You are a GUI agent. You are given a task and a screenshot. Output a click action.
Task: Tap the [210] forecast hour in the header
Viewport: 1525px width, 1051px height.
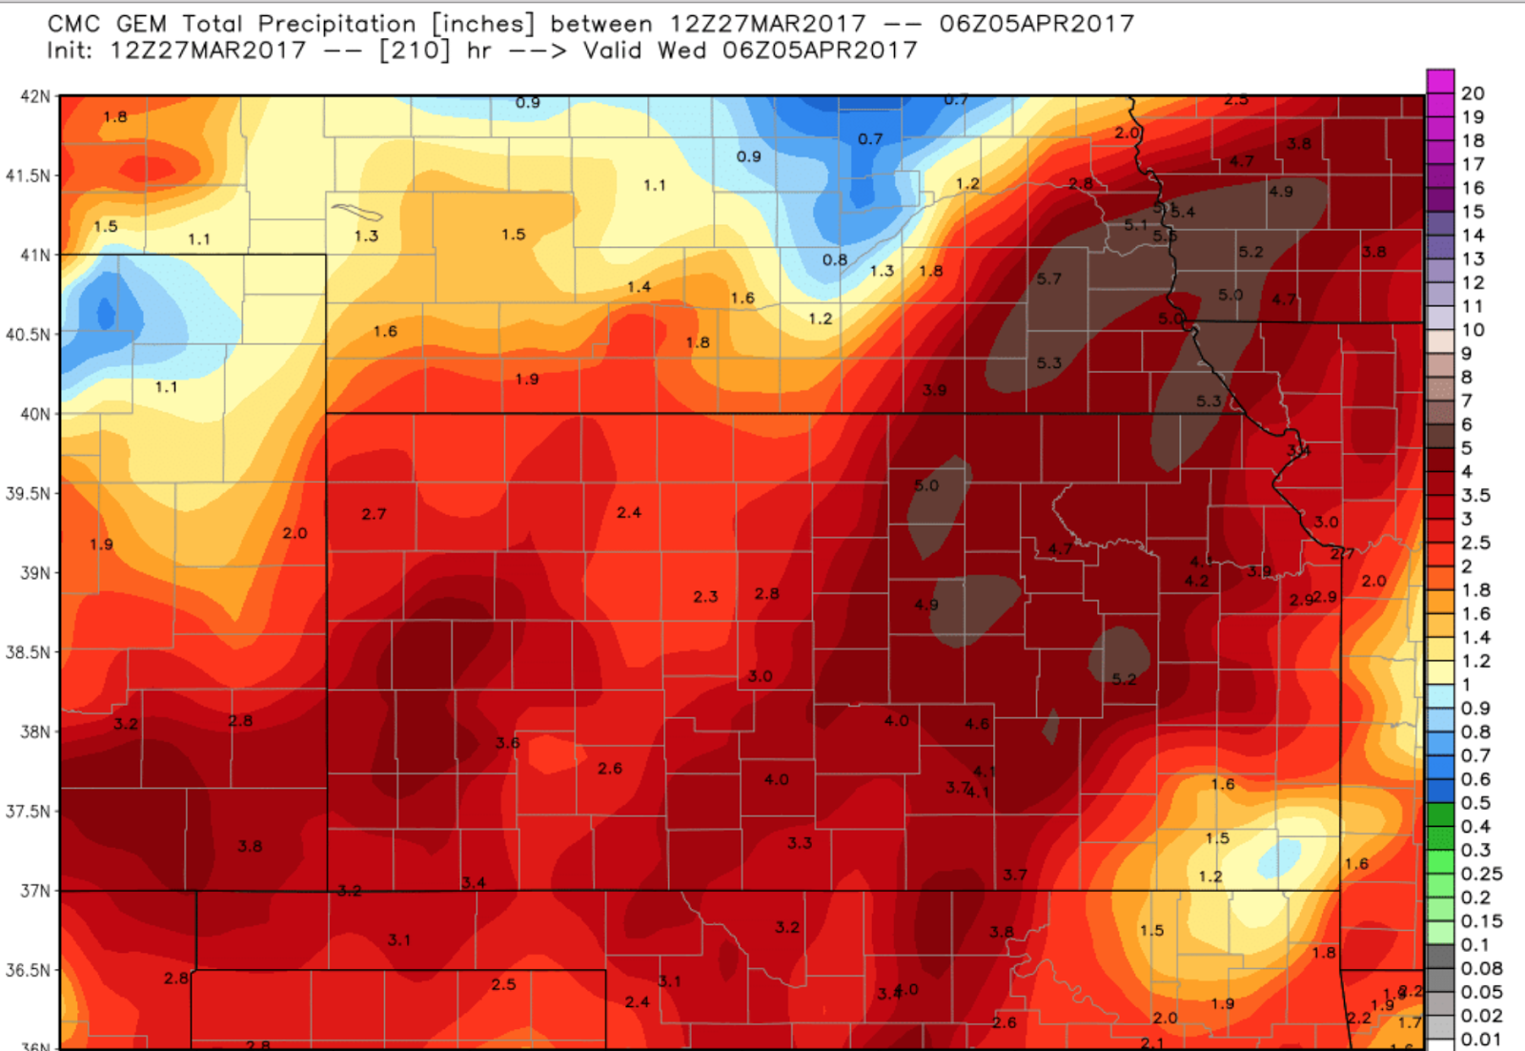414,50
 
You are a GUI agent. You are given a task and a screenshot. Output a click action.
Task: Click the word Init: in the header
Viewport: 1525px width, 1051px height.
71,50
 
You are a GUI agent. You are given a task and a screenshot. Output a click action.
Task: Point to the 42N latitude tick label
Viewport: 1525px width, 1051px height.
34,96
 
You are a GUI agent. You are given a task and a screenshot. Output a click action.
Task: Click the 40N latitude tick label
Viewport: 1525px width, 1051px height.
34,414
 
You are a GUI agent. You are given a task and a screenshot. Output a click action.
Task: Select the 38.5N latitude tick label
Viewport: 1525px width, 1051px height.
28,652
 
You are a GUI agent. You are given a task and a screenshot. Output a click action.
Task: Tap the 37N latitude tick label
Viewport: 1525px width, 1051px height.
34,891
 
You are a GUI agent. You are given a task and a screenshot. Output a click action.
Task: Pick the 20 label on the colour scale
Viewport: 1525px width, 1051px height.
1473,93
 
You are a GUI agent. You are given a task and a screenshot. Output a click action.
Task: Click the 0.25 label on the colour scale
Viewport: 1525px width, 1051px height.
1481,874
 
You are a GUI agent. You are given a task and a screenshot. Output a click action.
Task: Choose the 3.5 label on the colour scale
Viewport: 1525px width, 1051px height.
1475,495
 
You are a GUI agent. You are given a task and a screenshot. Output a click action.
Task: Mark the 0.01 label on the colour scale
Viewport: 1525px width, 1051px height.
1481,1040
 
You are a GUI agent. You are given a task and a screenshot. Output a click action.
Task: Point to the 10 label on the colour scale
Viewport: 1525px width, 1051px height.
1473,330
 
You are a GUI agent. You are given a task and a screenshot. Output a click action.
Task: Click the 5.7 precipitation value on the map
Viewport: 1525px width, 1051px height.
1048,278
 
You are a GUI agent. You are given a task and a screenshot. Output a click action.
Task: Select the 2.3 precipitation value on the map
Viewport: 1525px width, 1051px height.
705,597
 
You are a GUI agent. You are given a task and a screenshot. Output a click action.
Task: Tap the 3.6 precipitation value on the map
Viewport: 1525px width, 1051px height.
507,743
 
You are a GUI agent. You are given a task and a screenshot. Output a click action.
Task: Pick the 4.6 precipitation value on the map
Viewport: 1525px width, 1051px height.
976,724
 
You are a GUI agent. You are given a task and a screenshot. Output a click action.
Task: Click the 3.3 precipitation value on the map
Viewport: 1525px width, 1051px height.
800,843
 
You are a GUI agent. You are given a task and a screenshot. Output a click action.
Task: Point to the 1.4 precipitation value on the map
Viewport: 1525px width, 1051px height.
639,287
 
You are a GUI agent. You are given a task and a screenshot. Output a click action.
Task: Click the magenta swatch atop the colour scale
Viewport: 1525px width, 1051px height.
1440,80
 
